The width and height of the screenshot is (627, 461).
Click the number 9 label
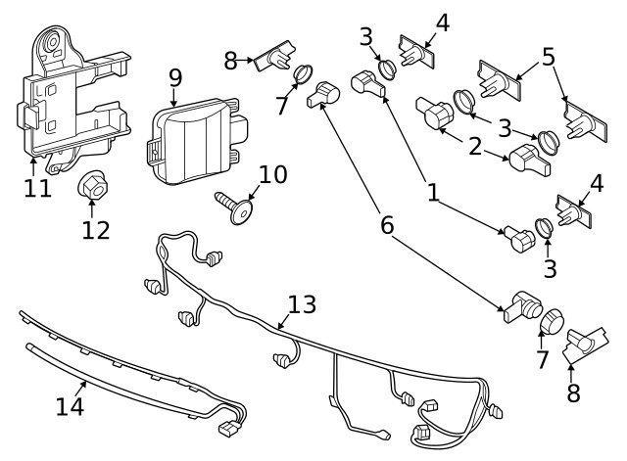coord(175,76)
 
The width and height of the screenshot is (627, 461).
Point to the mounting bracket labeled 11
coord(69,98)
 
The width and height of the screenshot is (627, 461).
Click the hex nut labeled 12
coord(92,185)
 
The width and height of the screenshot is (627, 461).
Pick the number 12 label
coord(95,231)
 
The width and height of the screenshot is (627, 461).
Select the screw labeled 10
coord(232,208)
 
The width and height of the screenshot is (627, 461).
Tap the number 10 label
coord(273,175)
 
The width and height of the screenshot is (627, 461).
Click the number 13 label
coord(302,304)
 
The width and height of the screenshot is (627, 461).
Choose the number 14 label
coord(70,405)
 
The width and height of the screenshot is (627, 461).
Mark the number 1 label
coord(432,192)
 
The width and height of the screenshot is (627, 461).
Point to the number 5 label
coord(550,57)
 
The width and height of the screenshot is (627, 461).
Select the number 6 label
coord(388,225)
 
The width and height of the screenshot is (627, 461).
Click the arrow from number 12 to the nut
coord(92,208)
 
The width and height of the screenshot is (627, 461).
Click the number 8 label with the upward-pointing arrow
coord(572,393)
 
